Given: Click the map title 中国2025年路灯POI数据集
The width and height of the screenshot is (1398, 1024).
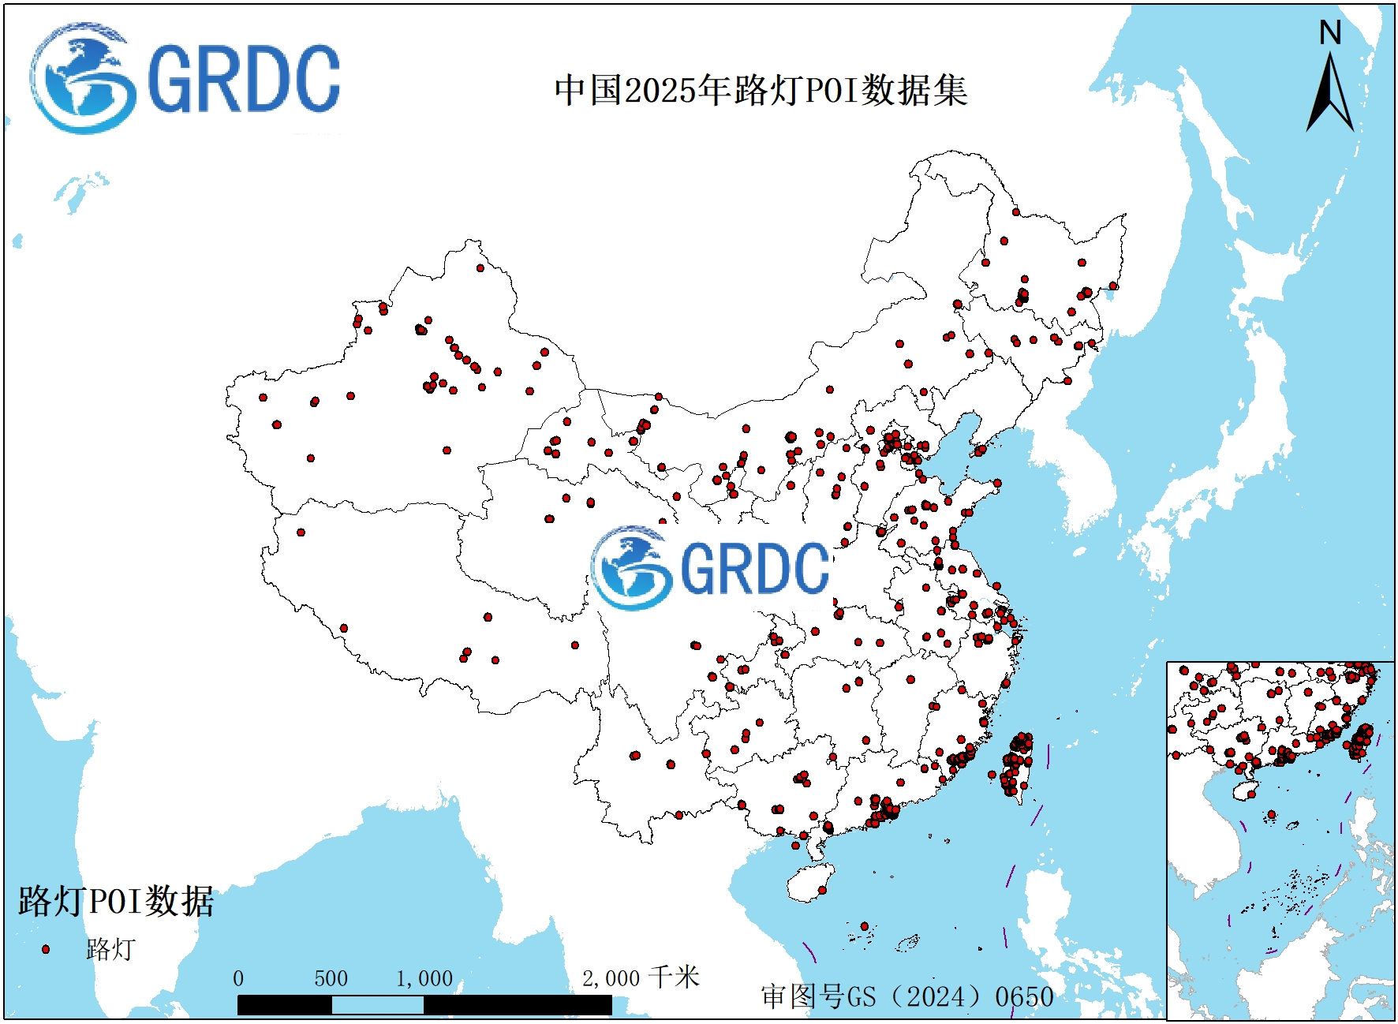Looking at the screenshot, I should pyautogui.click(x=761, y=90).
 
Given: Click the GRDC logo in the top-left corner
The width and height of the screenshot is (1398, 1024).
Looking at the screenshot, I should pyautogui.click(x=185, y=78).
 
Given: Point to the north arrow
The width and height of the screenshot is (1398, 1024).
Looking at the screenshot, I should pyautogui.click(x=1330, y=95).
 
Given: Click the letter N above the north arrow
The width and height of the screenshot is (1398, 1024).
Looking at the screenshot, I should pyautogui.click(x=1330, y=33).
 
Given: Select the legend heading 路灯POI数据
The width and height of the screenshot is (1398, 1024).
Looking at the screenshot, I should pyautogui.click(x=116, y=901).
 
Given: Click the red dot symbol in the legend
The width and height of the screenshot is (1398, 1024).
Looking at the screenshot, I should pyautogui.click(x=46, y=949).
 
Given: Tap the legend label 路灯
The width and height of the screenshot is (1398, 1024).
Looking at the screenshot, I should pyautogui.click(x=110, y=949).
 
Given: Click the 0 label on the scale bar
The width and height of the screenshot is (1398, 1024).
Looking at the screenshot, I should pyautogui.click(x=238, y=979).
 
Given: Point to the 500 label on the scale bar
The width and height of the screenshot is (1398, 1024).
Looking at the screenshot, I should pyautogui.click(x=331, y=979).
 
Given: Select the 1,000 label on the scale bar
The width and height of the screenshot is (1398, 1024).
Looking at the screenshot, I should pyautogui.click(x=424, y=979).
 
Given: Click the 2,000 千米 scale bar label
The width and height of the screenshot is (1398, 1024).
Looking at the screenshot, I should pyautogui.click(x=640, y=978).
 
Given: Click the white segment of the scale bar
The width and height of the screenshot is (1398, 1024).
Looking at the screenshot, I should pyautogui.click(x=377, y=1005).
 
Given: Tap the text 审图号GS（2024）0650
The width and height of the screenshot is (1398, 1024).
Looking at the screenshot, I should pyautogui.click(x=906, y=996).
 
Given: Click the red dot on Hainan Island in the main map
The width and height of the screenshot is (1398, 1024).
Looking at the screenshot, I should pyautogui.click(x=822, y=890).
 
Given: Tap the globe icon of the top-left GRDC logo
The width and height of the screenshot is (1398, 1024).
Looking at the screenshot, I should pyautogui.click(x=80, y=78).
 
